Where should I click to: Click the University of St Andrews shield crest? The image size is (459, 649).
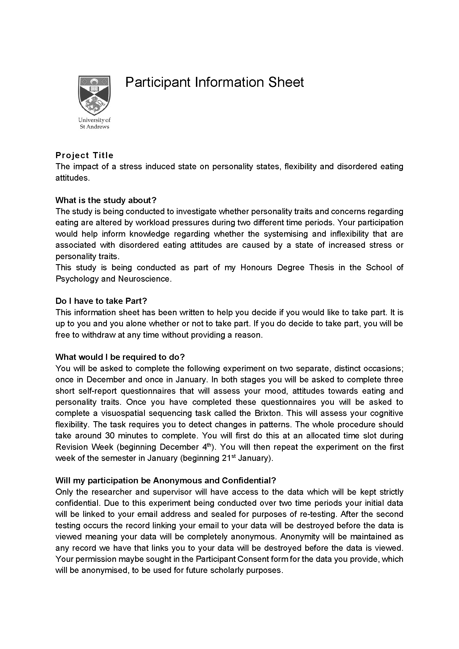[94, 95]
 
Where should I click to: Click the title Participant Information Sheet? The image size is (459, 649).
[214, 82]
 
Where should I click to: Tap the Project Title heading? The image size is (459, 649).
[84, 155]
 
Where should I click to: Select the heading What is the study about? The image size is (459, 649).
[106, 200]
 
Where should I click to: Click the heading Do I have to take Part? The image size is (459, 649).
[101, 301]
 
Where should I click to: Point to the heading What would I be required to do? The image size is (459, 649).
[120, 357]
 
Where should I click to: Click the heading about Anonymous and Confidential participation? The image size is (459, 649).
[166, 480]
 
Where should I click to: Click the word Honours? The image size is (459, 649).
[256, 267]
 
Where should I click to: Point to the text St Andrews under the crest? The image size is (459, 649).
[94, 127]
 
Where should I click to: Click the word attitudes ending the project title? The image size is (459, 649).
[72, 178]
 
